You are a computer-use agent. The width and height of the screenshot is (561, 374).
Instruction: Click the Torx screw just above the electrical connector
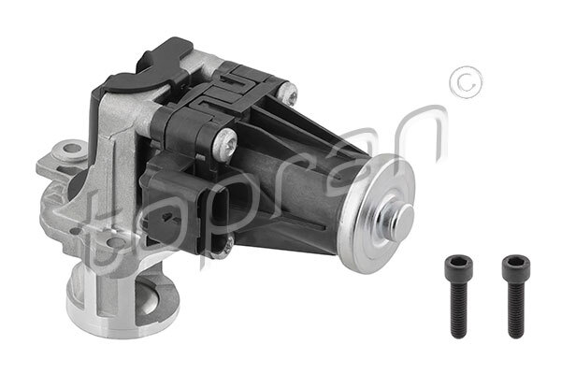(x=226, y=143)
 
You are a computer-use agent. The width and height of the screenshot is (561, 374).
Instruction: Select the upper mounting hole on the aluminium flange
(x=69, y=150)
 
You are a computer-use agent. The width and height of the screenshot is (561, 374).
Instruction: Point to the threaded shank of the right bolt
(x=516, y=309)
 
